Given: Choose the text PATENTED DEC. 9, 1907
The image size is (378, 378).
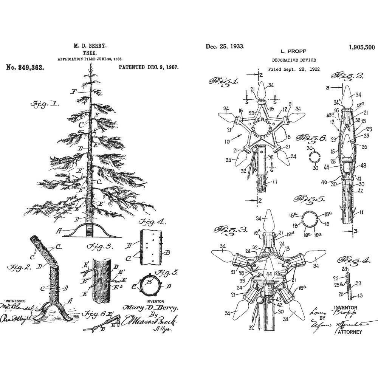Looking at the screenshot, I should click(149, 67).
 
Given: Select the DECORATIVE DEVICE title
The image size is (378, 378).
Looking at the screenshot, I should click(294, 60).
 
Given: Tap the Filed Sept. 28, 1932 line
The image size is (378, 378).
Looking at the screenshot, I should click(294, 69).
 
